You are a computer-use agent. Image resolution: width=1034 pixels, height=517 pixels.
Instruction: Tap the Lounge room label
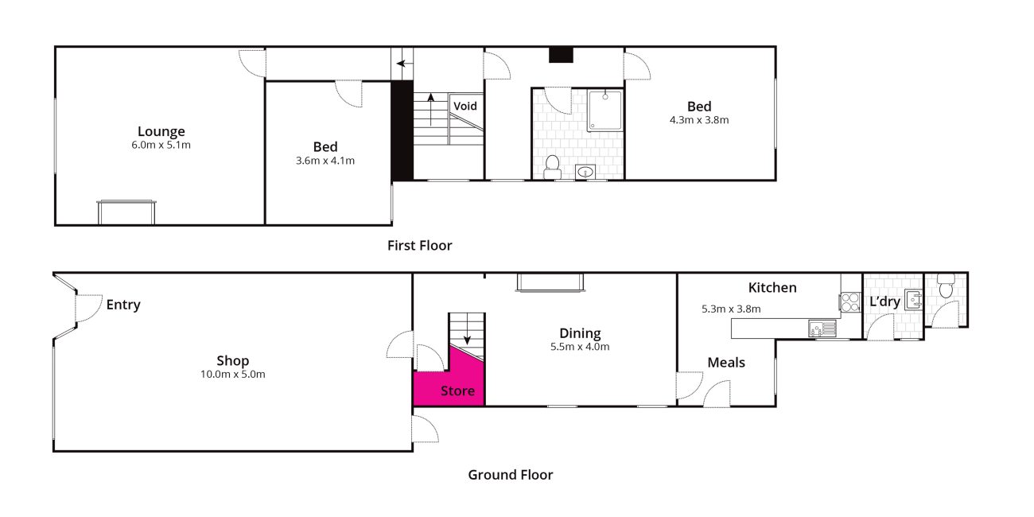(161, 131)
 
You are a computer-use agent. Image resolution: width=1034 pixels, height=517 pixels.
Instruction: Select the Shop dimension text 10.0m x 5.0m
(232, 374)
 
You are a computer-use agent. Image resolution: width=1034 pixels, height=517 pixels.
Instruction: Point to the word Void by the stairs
(465, 106)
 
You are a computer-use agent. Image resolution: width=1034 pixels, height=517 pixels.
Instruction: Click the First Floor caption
(420, 246)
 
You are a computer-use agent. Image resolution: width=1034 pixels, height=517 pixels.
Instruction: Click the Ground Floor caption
(510, 475)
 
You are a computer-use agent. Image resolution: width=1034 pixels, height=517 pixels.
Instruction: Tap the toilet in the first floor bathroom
(552, 167)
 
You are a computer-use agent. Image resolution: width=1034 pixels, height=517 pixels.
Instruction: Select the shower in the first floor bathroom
(604, 111)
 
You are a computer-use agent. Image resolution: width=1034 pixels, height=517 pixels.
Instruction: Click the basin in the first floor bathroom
(585, 172)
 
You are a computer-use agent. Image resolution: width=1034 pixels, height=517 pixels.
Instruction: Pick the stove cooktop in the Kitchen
(849, 302)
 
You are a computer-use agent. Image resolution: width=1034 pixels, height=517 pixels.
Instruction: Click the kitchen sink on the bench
(822, 328)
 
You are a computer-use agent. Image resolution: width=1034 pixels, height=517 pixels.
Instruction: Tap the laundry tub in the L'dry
(913, 299)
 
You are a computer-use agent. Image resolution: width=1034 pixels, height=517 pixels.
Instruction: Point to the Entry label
(123, 305)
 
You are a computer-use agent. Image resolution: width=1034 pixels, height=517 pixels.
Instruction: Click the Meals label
(726, 363)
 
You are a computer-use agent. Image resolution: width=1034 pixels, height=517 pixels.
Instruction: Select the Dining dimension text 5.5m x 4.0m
(580, 347)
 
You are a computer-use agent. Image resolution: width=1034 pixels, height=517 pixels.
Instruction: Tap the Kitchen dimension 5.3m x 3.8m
(731, 309)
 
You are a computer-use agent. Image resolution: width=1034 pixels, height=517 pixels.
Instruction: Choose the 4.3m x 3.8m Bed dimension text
(699, 120)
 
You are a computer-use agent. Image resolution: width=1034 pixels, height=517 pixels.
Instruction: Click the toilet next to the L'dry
(946, 286)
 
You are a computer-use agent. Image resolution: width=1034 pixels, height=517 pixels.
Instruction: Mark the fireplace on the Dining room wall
(550, 282)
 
